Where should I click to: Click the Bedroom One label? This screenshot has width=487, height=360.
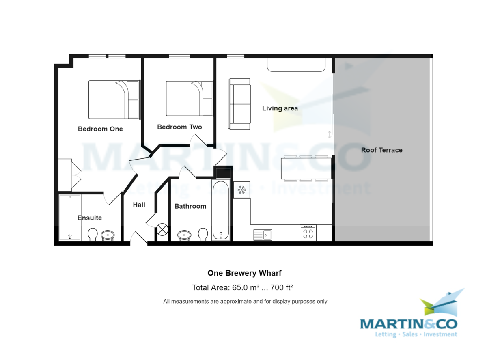[x=100, y=129]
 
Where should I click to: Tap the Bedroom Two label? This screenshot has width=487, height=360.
[x=179, y=127]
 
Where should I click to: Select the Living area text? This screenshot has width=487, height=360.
[x=280, y=108]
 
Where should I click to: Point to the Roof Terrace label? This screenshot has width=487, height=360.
[x=382, y=150]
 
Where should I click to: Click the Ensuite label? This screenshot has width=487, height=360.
[x=90, y=218]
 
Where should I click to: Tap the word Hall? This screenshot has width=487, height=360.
[x=139, y=205]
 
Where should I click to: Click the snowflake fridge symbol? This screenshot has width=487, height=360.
[x=242, y=190]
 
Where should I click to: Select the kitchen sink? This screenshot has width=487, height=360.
[x=263, y=235]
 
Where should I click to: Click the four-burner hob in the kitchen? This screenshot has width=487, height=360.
[x=308, y=233]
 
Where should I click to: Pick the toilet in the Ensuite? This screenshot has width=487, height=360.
[x=93, y=234]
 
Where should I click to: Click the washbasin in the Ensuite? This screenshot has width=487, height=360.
[x=108, y=235]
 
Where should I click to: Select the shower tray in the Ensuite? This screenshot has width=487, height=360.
[x=70, y=217]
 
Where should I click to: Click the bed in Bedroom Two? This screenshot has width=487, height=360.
[x=190, y=99]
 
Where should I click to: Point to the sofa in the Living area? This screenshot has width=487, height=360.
[x=239, y=104]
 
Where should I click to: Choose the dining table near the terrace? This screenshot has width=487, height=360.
[x=306, y=168]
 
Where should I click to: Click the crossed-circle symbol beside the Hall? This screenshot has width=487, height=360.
[x=162, y=229]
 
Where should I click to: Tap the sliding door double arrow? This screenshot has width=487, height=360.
[x=330, y=135]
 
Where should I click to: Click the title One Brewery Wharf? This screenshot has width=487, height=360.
[x=244, y=273]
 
